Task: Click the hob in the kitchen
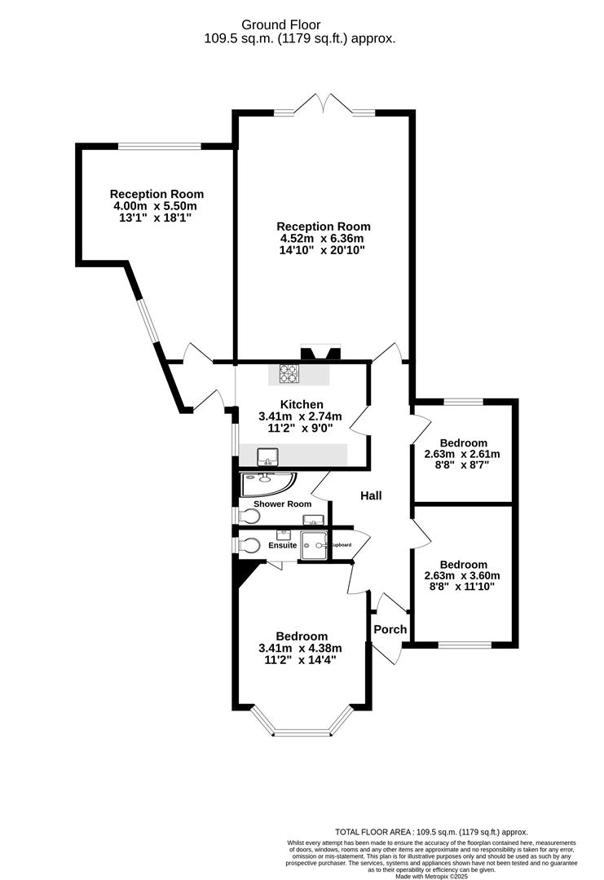(x=289, y=374)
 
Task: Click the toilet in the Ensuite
(x=250, y=545)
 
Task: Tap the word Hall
(x=371, y=495)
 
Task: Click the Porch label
(x=390, y=629)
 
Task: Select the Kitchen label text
(x=302, y=404)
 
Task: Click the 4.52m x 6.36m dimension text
(x=323, y=239)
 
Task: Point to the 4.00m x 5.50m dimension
(x=157, y=206)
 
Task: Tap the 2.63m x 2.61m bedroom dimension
(x=463, y=455)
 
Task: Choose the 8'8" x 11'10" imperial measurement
(x=463, y=586)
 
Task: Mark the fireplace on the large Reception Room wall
(x=321, y=354)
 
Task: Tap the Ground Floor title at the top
(x=299, y=25)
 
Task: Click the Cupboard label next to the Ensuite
(x=340, y=544)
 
